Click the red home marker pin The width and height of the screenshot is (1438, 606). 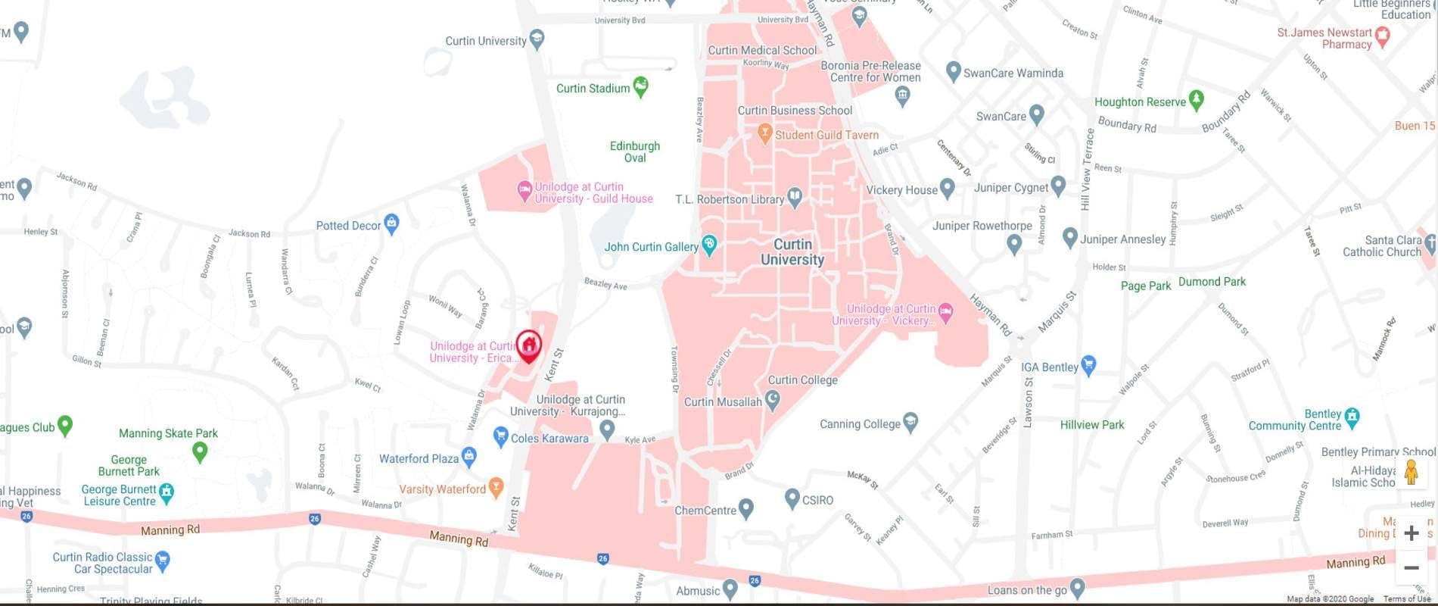coord(529,345)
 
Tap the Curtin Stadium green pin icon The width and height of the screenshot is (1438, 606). coord(641,86)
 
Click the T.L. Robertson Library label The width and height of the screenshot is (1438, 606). coord(729,200)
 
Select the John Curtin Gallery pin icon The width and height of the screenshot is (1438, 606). coord(709,245)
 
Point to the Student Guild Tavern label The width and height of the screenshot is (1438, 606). coord(826,136)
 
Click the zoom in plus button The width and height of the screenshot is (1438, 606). coord(1411,533)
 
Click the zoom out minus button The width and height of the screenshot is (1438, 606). coord(1411,567)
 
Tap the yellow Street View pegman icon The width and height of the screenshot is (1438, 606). coord(1411,472)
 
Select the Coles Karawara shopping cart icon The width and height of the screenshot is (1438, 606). coord(500,436)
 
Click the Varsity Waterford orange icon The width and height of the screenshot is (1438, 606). coord(496,487)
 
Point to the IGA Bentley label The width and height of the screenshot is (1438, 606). coord(1049,367)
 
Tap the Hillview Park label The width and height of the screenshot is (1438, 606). coord(1091,425)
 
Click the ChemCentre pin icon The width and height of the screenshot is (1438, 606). coord(746,508)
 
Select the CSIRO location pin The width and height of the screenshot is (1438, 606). coord(792,498)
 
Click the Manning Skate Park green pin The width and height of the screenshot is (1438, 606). coord(200,451)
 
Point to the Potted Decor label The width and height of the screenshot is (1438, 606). coord(348,226)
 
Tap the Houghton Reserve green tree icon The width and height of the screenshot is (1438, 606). coord(1196,99)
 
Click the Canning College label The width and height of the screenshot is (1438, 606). coord(860,424)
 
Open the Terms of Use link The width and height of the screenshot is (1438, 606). coord(1406,599)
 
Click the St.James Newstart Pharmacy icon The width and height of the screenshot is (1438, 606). coord(1383,36)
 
